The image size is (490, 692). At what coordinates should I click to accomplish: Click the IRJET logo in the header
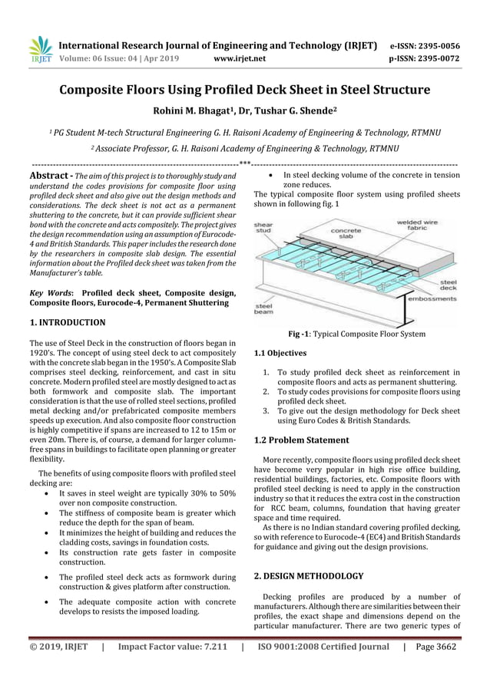pos(39,49)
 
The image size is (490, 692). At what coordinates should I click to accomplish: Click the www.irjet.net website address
pos(241,57)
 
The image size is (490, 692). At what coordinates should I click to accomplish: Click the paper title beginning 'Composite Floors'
pos(245,90)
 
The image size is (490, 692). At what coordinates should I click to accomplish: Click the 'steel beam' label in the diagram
pos(264,309)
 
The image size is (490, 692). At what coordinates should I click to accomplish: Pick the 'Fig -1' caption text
pos(356,334)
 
